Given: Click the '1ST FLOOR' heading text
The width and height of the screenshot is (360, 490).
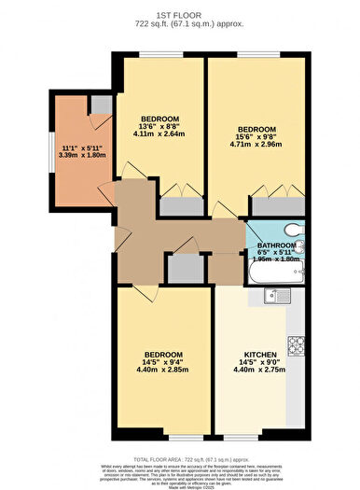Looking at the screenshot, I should click(181, 13).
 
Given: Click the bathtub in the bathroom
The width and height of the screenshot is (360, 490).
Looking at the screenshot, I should click(275, 272).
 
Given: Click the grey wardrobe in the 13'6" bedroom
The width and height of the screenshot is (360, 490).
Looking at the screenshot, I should click(180, 207).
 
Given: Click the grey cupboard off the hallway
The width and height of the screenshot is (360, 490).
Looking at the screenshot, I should click(186, 269).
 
